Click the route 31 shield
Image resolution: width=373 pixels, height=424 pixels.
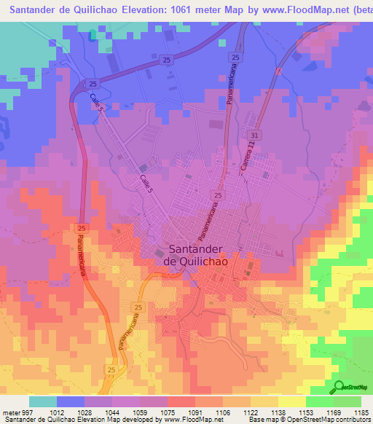click(254, 136)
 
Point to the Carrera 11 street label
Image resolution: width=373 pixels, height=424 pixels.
click(248, 158)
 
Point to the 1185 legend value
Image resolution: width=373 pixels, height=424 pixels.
click(361, 413)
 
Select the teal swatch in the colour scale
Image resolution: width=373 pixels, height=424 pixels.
click(43, 401)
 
